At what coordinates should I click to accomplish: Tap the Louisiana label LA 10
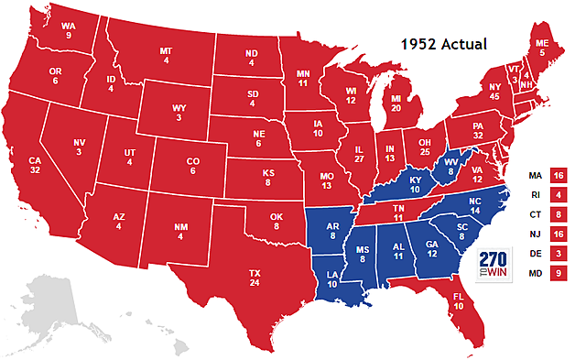(x=331, y=278)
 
